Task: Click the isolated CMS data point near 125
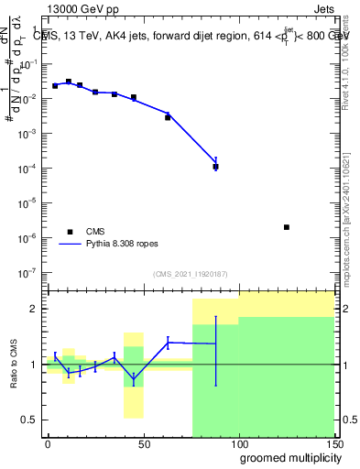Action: click(x=287, y=227)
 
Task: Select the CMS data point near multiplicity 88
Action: click(x=215, y=167)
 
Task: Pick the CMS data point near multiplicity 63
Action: click(x=168, y=117)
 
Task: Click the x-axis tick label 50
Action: click(x=143, y=444)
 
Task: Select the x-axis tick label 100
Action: click(x=238, y=444)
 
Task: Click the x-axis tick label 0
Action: click(x=48, y=444)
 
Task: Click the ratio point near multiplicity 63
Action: click(x=168, y=343)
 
